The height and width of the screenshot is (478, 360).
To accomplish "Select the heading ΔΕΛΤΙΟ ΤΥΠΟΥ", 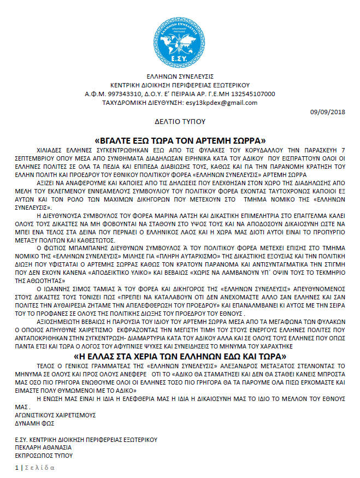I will click(x=180, y=120).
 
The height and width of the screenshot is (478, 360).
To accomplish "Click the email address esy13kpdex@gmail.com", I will click(x=222, y=102).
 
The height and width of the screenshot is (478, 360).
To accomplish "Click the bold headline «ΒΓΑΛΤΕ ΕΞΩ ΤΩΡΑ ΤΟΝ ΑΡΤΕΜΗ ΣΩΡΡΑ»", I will click(x=180, y=139).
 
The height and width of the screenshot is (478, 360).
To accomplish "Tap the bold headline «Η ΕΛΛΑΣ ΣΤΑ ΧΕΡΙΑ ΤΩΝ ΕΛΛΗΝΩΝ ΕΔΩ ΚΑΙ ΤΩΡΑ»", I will click(x=180, y=357).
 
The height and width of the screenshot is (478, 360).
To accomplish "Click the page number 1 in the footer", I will click(x=16, y=468).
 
